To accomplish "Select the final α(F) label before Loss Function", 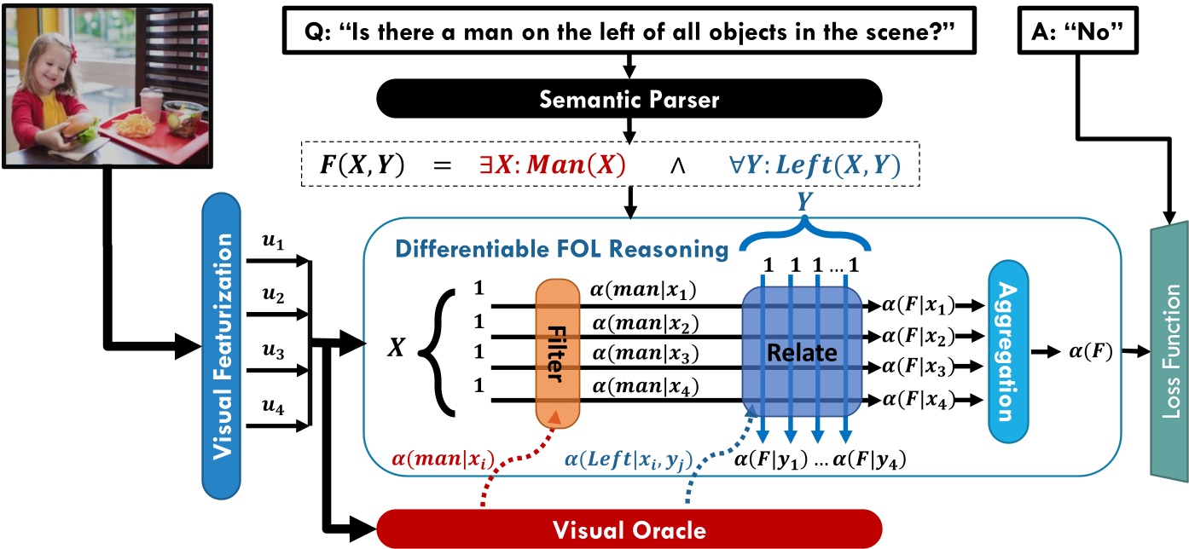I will (1087, 350).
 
